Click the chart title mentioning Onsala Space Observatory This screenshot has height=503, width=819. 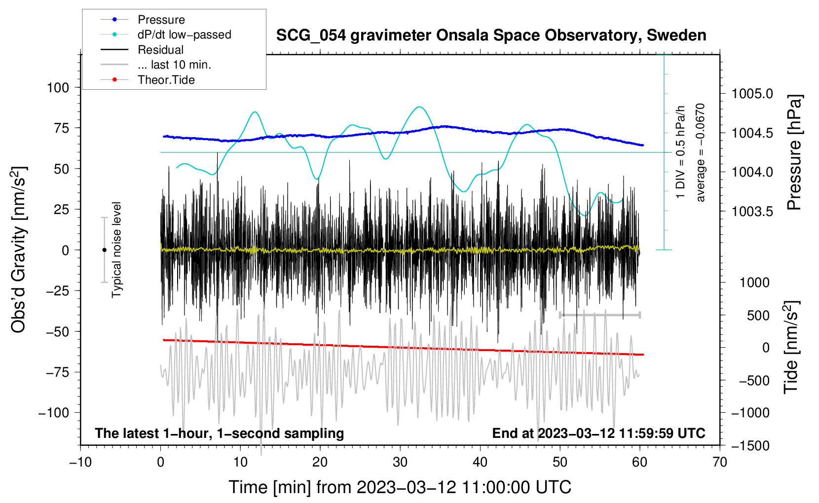(x=491, y=36)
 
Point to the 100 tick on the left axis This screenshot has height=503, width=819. (x=58, y=88)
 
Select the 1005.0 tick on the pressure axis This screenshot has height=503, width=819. (x=752, y=94)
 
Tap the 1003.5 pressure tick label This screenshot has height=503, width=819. (x=752, y=212)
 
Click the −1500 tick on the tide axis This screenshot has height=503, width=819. (x=750, y=446)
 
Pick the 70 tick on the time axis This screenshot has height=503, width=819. (x=720, y=463)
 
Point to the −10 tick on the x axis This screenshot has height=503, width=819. (x=80, y=463)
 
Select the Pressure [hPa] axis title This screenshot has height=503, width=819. (x=794, y=153)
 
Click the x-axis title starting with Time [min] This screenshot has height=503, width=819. (x=400, y=487)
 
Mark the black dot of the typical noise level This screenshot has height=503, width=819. (x=104, y=250)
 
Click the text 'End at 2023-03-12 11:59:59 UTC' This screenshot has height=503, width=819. (x=598, y=433)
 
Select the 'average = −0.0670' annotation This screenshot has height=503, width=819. (x=701, y=153)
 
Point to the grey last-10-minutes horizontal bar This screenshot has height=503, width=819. (x=599, y=315)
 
